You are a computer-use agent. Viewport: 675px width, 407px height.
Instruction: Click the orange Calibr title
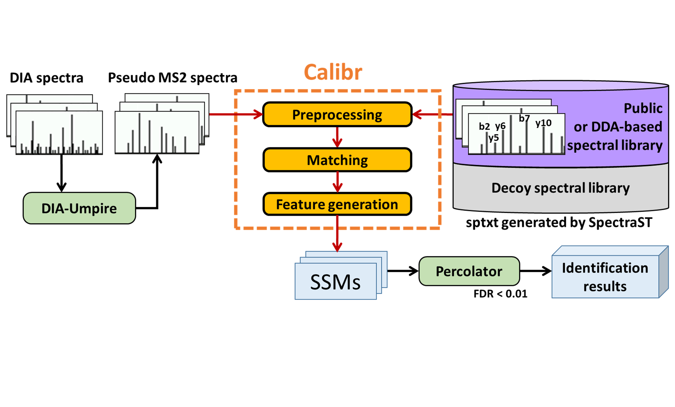pyautogui.click(x=333, y=72)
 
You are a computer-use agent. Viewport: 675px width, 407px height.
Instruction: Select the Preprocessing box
pyautogui.click(x=337, y=114)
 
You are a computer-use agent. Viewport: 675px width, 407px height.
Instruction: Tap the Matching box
pyautogui.click(x=337, y=160)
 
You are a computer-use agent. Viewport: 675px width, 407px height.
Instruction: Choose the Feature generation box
pyautogui.click(x=337, y=204)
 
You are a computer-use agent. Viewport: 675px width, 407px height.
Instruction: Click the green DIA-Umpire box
pyautogui.click(x=79, y=208)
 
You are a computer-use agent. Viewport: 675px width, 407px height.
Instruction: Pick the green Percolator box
pyautogui.click(x=469, y=271)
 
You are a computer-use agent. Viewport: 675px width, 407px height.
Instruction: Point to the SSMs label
pyautogui.click(x=335, y=282)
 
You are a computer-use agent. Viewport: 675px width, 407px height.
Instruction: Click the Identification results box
pyautogui.click(x=605, y=277)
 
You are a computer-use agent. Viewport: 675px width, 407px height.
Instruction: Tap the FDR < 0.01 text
pyautogui.click(x=500, y=294)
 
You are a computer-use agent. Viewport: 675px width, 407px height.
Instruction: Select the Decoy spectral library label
pyautogui.click(x=561, y=188)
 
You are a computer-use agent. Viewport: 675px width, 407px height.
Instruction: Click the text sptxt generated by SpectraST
pyautogui.click(x=559, y=222)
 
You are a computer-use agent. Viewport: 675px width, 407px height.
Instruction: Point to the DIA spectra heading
pyautogui.click(x=46, y=78)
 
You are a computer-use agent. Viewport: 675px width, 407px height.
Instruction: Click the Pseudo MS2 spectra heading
pyautogui.click(x=172, y=77)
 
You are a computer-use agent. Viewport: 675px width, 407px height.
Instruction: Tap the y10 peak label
pyautogui.click(x=543, y=123)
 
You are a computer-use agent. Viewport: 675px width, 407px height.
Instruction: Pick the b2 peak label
pyautogui.click(x=484, y=126)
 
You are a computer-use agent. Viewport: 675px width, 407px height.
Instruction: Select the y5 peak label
pyautogui.click(x=494, y=138)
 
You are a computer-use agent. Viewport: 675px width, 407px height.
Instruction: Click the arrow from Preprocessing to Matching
pyautogui.click(x=337, y=137)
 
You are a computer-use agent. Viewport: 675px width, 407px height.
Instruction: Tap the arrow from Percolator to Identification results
pyautogui.click(x=535, y=271)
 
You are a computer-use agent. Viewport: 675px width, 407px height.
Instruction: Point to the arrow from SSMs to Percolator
pyautogui.click(x=403, y=271)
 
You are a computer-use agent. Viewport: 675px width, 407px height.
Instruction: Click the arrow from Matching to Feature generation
pyautogui.click(x=337, y=182)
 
